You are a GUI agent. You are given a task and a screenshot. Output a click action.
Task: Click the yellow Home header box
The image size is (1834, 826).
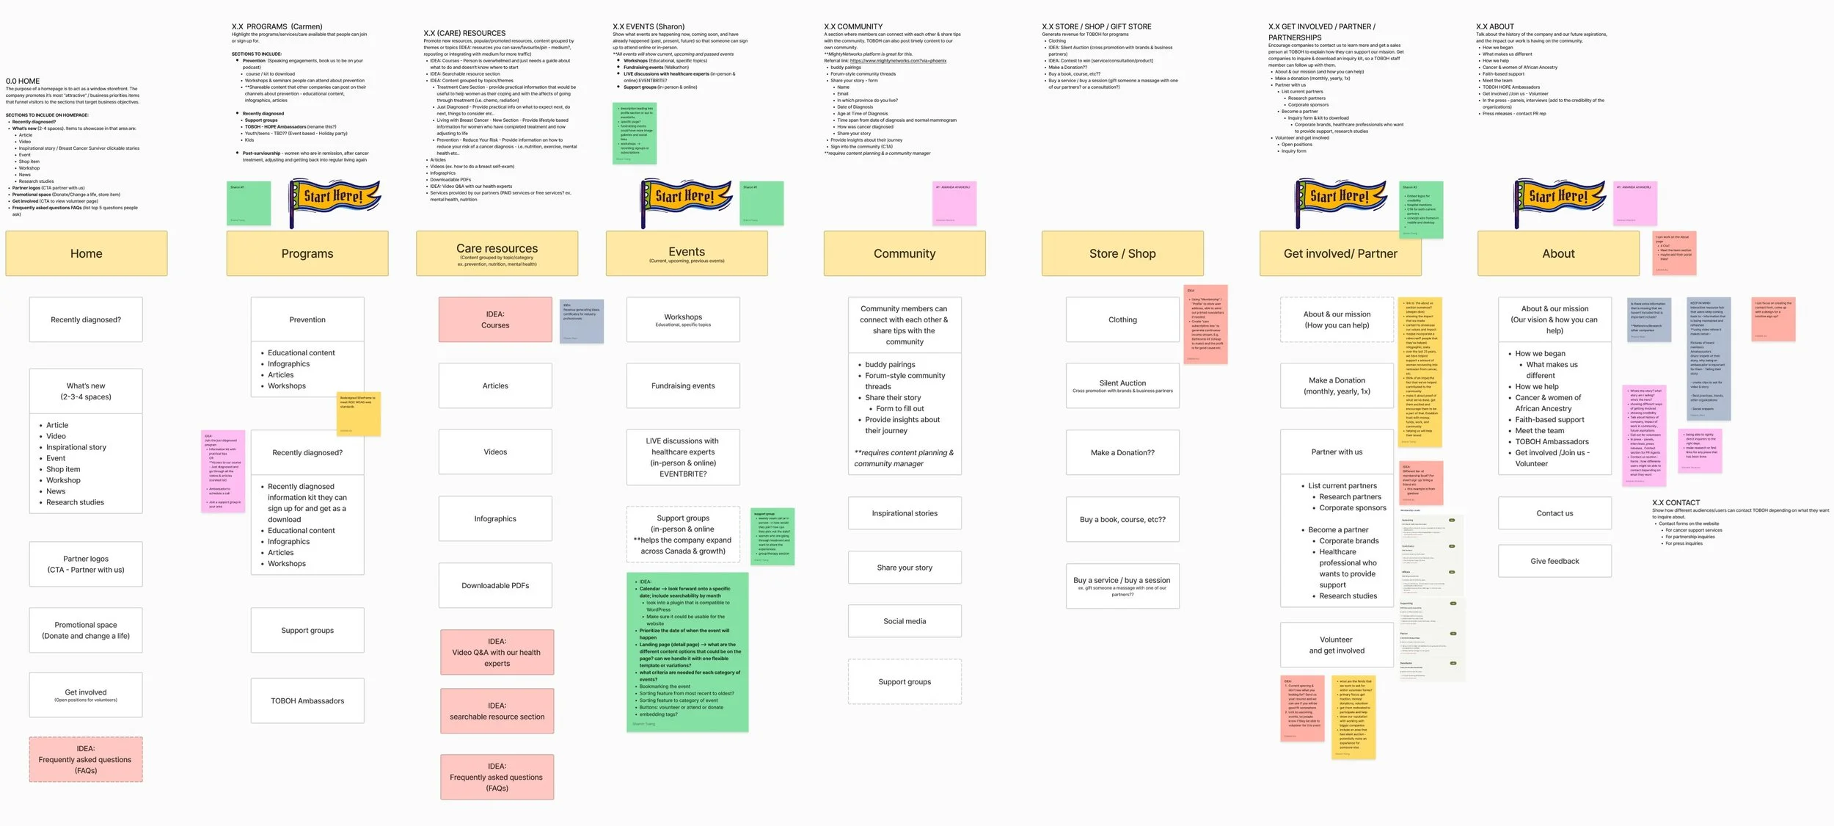[87, 253]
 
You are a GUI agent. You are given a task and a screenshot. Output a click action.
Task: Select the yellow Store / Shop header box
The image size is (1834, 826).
[1122, 253]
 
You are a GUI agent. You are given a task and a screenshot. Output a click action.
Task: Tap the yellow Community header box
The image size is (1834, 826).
[905, 253]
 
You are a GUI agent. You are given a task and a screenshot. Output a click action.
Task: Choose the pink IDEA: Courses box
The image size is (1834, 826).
[495, 319]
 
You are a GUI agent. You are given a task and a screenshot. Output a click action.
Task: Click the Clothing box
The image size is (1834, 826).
[1122, 319]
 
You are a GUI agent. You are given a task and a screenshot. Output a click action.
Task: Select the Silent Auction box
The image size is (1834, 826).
[1122, 385]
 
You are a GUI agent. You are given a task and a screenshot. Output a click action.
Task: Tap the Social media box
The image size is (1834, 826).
[905, 621]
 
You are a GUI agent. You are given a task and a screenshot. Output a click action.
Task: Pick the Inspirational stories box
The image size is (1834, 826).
[905, 513]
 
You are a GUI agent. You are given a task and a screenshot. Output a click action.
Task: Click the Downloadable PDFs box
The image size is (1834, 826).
[495, 585]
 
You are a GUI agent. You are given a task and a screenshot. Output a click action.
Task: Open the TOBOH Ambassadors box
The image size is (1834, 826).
[307, 700]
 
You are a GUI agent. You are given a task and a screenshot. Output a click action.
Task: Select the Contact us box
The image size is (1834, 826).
[1554, 513]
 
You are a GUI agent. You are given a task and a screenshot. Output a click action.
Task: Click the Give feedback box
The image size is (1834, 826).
[1554, 561]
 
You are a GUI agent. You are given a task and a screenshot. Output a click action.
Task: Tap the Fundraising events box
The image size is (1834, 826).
[683, 385]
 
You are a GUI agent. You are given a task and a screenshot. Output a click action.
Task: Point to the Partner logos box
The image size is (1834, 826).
[86, 564]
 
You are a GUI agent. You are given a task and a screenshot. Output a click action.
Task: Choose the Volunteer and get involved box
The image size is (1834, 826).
[1337, 645]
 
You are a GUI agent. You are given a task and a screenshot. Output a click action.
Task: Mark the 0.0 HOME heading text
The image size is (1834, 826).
[23, 81]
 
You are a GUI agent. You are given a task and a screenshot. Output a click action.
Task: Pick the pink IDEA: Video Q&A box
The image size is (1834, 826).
[497, 652]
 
